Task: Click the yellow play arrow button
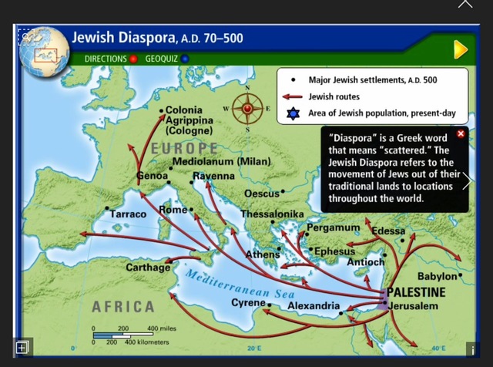460,50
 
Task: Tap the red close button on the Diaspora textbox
461,134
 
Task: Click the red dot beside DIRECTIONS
133,59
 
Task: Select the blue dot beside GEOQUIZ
185,59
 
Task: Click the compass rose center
248,109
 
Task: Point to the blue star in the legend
292,113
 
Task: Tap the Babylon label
437,276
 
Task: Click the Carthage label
148,268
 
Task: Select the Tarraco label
128,214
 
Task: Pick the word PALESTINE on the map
416,292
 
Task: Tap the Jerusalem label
414,306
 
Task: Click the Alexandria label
313,307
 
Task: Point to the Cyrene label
248,303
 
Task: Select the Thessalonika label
272,214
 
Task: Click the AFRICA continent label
123,307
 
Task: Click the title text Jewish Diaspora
123,36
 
